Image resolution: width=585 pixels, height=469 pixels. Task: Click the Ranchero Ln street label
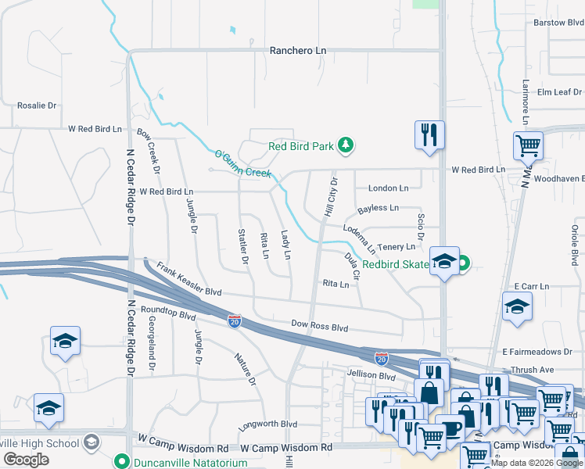(297, 51)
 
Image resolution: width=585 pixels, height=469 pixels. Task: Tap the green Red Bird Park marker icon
(345, 145)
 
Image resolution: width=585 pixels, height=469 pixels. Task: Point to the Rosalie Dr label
(38, 106)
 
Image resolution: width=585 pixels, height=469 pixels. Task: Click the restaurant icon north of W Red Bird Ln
(429, 134)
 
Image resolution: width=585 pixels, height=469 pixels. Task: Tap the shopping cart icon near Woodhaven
(529, 145)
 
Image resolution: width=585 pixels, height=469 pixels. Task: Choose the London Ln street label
(388, 188)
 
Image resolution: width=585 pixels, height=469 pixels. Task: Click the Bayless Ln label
(378, 209)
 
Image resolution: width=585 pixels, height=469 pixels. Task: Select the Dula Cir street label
(352, 266)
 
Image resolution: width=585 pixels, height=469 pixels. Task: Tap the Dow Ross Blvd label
(319, 327)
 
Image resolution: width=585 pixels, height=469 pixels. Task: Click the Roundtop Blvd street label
(167, 313)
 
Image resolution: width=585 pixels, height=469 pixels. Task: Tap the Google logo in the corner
(26, 460)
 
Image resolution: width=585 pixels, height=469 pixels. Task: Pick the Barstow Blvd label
(558, 23)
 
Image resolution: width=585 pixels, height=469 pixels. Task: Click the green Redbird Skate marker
(462, 264)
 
